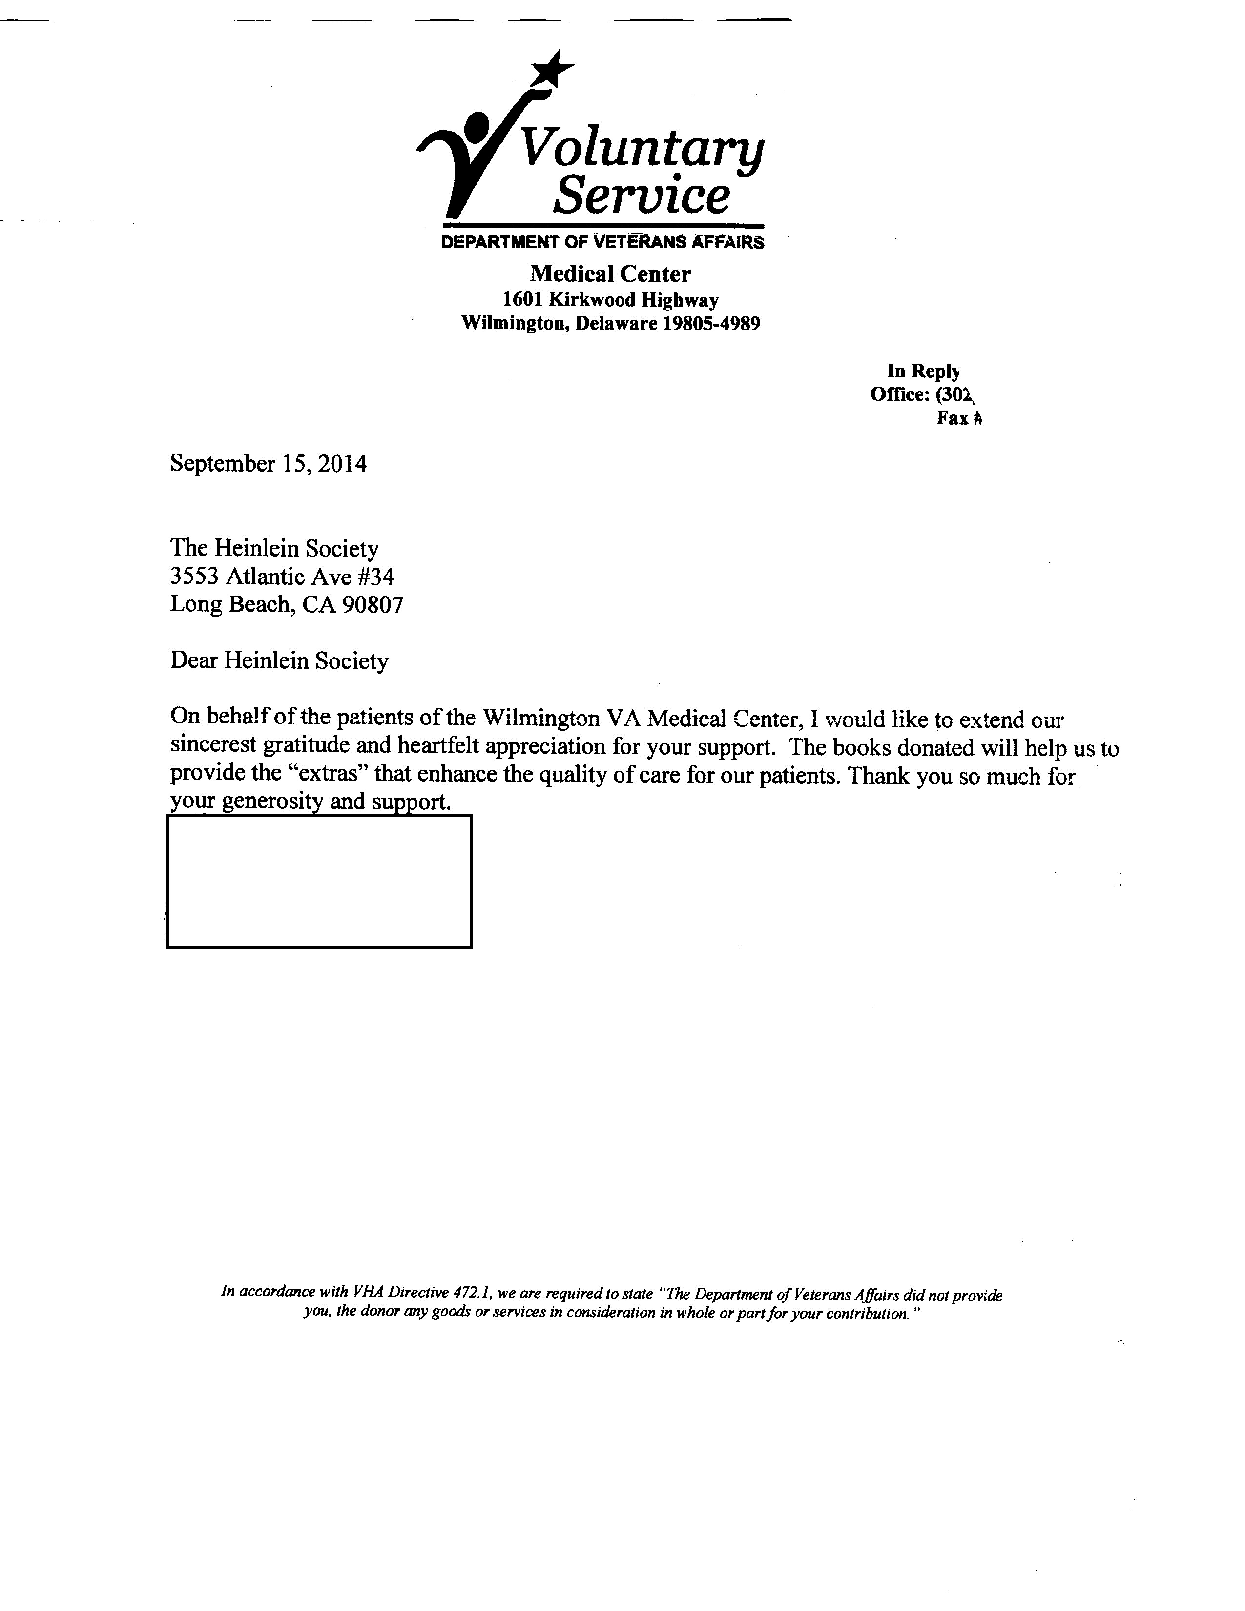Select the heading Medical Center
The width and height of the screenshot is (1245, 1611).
pyautogui.click(x=610, y=274)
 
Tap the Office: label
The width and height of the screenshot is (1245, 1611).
pyautogui.click(x=899, y=394)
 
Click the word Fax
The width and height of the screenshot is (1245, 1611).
pyautogui.click(x=952, y=418)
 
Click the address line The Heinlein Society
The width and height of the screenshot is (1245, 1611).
pyautogui.click(x=274, y=548)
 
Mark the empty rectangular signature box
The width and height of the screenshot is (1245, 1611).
pyautogui.click(x=319, y=881)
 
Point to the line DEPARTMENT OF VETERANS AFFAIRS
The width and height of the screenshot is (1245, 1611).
pyautogui.click(x=602, y=242)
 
